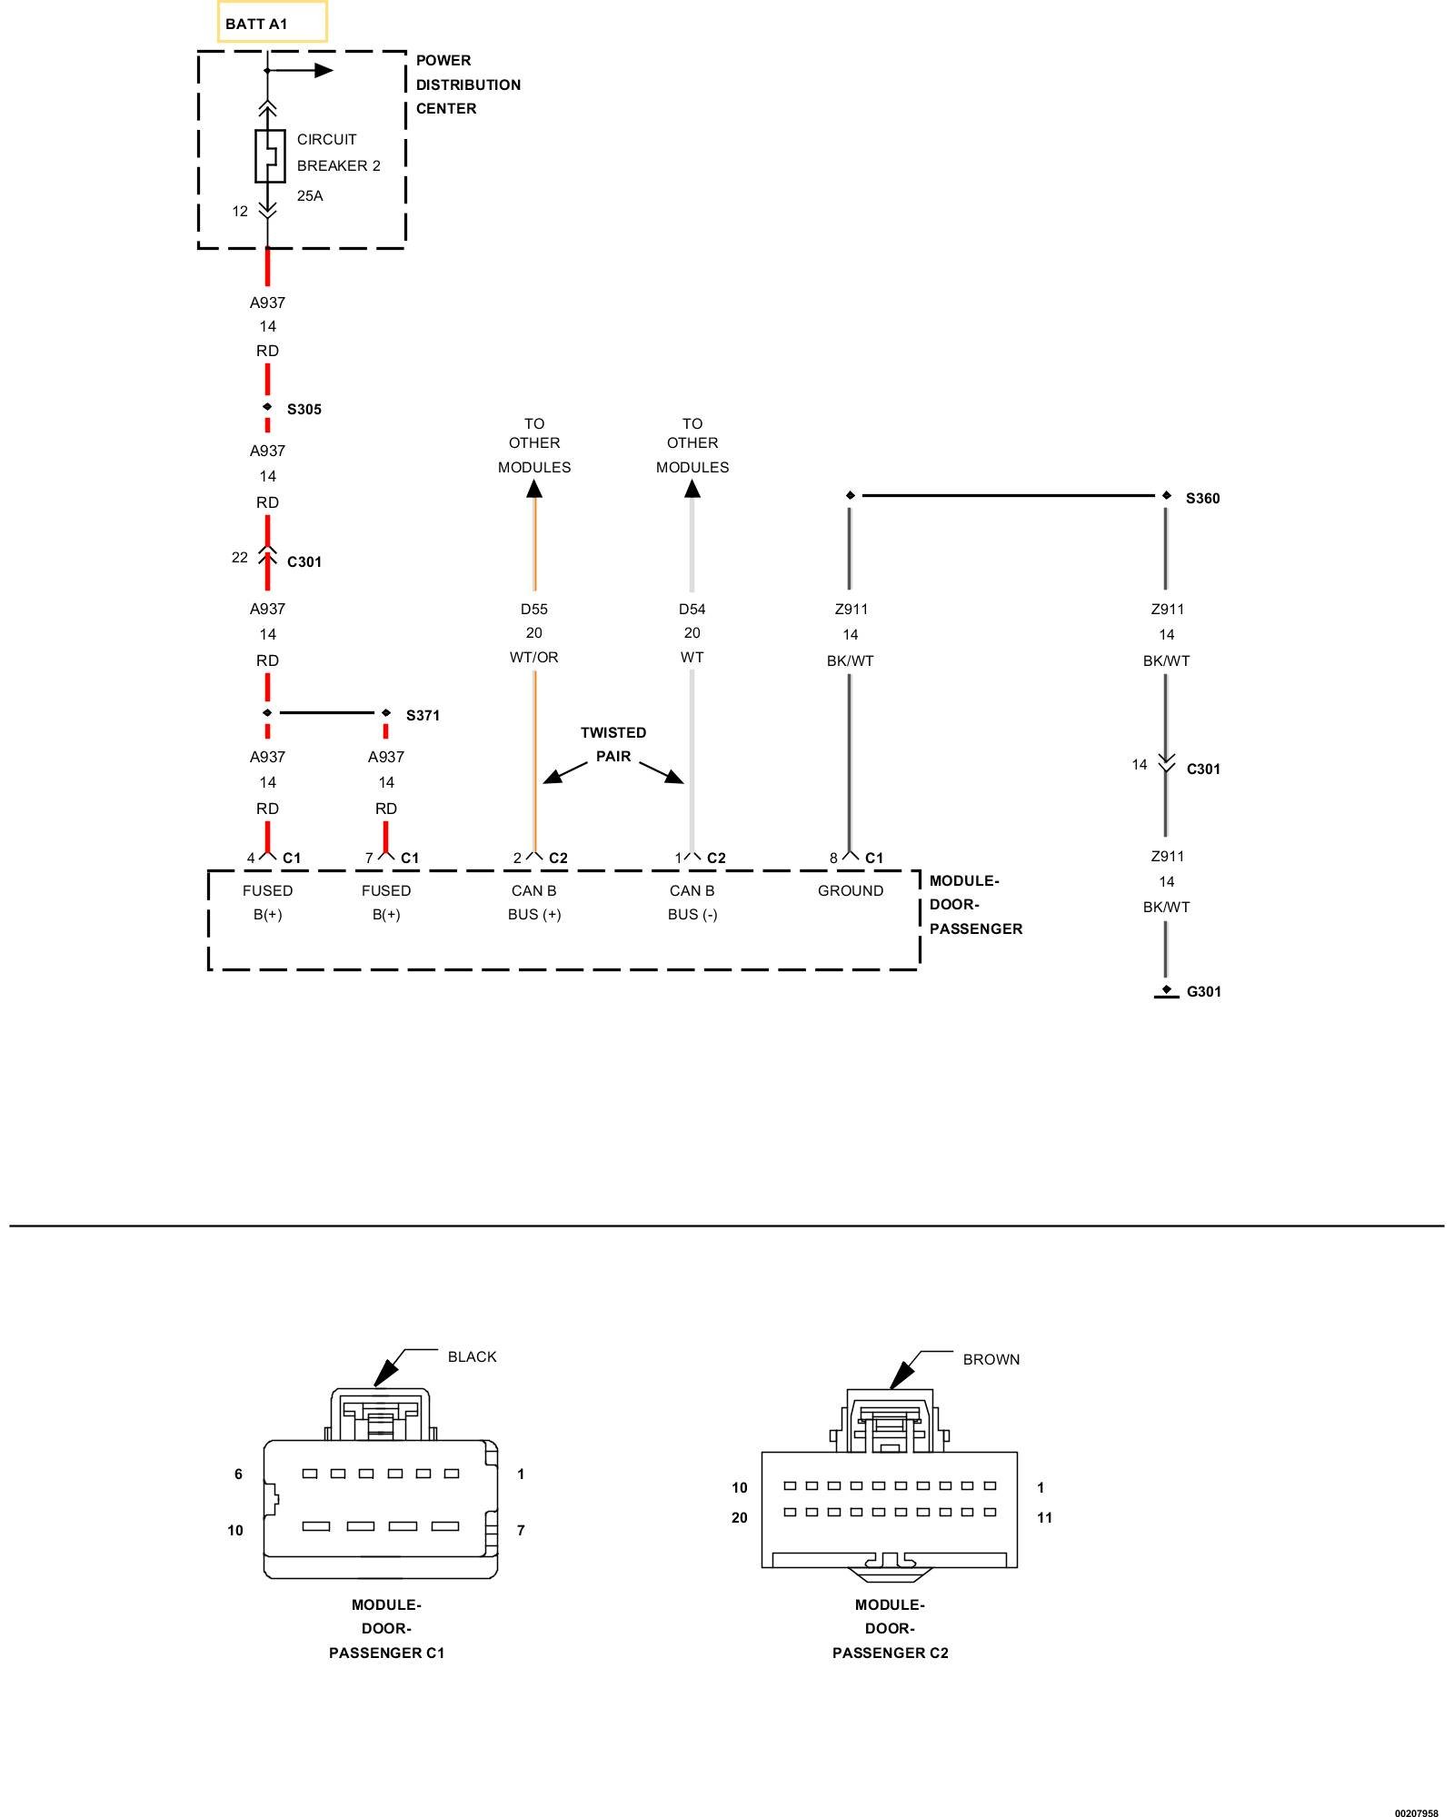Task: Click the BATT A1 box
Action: (x=272, y=23)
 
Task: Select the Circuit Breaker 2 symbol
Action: (x=269, y=156)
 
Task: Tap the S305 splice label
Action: (x=304, y=410)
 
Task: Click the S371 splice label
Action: (x=423, y=716)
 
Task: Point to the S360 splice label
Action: (x=1202, y=499)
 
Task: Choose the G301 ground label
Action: (x=1203, y=992)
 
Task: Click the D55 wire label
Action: (x=534, y=610)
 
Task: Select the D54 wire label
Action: (x=692, y=610)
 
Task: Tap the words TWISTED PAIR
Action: (x=613, y=745)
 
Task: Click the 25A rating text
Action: (x=310, y=196)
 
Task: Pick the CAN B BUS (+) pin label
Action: (x=534, y=903)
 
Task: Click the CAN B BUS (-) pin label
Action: (x=692, y=903)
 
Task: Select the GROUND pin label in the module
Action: (x=851, y=891)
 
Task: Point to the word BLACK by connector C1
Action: (x=472, y=1357)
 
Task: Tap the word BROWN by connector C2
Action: (x=991, y=1360)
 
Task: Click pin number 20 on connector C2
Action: (x=740, y=1518)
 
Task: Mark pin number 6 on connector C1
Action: (x=239, y=1474)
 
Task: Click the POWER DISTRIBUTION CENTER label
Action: (x=468, y=84)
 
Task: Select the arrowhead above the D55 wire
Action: (x=534, y=489)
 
